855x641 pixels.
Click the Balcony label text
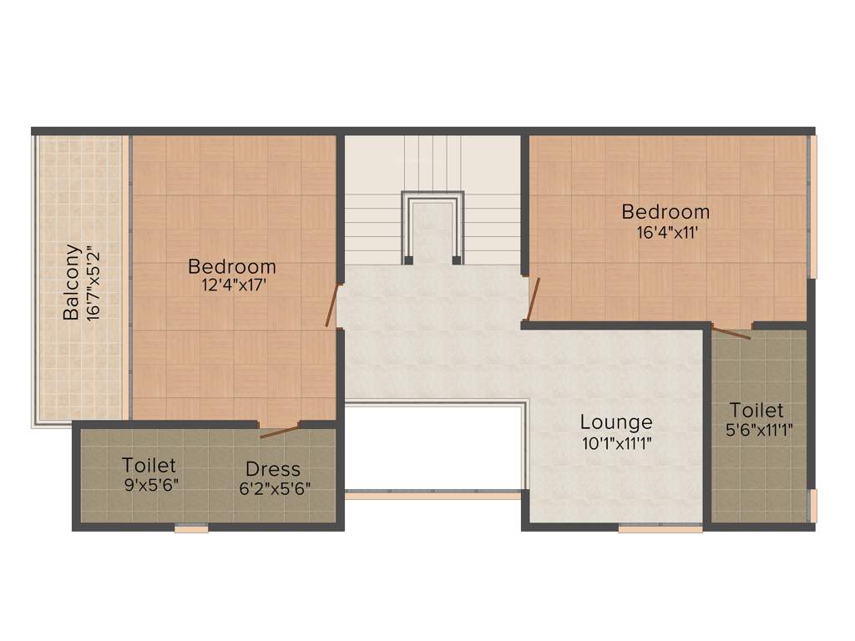pos(73,282)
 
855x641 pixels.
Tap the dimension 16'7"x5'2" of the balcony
pos(94,282)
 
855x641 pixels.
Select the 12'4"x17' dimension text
pos(232,285)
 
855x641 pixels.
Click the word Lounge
pos(616,422)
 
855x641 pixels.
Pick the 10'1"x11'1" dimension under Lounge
pos(616,443)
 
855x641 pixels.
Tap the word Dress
pos(272,469)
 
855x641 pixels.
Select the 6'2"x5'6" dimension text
pos(275,488)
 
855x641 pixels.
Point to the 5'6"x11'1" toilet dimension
pos(759,430)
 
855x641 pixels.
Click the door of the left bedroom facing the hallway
pos(333,305)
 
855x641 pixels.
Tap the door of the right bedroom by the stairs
pos(533,299)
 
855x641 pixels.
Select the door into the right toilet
pos(731,332)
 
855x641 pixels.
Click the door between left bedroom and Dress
pos(280,431)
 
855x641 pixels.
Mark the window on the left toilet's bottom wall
pos(191,527)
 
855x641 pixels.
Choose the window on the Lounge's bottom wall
pos(660,527)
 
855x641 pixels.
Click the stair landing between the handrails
pos(433,230)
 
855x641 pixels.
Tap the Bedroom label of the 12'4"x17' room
pos(232,267)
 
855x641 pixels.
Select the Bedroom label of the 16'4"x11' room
pos(665,212)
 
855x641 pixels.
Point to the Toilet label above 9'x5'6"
pos(149,465)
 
